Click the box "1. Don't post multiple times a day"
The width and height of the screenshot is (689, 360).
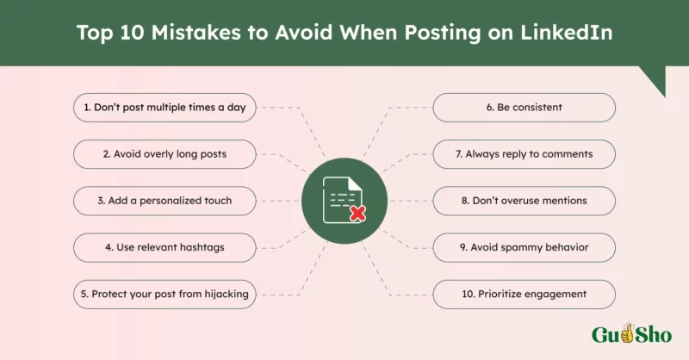(x=164, y=108)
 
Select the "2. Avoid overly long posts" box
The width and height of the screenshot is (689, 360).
(x=164, y=154)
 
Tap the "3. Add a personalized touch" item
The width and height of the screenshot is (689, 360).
(x=164, y=201)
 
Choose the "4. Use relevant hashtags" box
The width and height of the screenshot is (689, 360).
(x=164, y=247)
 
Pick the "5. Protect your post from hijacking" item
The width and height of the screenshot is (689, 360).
(x=164, y=294)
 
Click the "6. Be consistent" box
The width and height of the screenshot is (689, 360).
(x=524, y=108)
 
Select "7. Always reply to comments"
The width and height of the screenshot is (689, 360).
(x=524, y=154)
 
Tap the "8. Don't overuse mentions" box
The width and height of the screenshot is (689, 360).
(x=524, y=201)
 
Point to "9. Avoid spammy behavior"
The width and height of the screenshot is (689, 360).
(x=524, y=247)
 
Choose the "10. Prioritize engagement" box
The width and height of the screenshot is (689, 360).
(x=524, y=294)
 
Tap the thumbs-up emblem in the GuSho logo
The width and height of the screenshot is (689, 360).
(x=628, y=333)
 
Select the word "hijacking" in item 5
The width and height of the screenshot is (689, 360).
(x=224, y=294)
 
